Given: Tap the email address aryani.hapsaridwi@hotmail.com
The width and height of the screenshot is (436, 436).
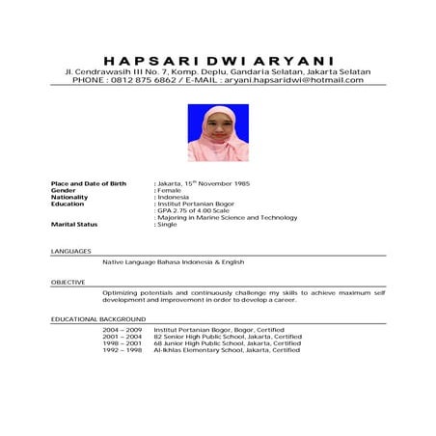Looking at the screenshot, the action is pos(294,80).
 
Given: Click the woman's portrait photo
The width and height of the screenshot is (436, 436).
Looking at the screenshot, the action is pos(218,133).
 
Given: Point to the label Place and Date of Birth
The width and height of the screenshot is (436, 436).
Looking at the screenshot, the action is pos(89,182).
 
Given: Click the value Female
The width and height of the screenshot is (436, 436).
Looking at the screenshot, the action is pos(169,190).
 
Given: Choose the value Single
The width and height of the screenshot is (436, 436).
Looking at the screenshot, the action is pos(168,224).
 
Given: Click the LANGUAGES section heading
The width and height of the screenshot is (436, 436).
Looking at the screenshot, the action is pos(69,251).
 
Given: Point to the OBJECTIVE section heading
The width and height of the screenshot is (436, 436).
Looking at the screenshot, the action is pos(68,283).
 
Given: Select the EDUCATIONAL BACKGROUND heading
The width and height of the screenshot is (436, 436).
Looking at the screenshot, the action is pos(97,318).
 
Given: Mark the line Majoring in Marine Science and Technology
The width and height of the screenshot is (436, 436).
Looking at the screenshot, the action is pos(228,217).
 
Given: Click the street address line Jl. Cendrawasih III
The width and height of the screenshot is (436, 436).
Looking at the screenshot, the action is pos(218,71).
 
